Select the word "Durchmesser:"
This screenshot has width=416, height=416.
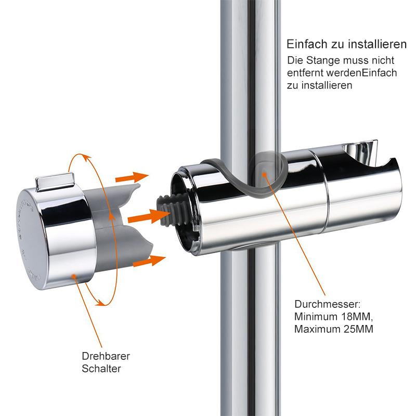(328, 304)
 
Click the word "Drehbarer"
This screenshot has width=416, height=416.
(106, 356)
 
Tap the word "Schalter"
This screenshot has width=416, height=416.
(101, 369)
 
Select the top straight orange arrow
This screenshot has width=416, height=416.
(132, 177)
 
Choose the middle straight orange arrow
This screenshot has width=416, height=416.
(149, 216)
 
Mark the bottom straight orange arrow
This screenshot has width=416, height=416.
(149, 261)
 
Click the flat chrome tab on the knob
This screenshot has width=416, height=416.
(55, 181)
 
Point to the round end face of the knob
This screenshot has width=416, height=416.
(31, 239)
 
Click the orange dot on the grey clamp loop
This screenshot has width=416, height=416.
(264, 174)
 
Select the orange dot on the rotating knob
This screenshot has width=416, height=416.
(74, 277)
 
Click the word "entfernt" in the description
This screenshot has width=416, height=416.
(305, 73)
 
